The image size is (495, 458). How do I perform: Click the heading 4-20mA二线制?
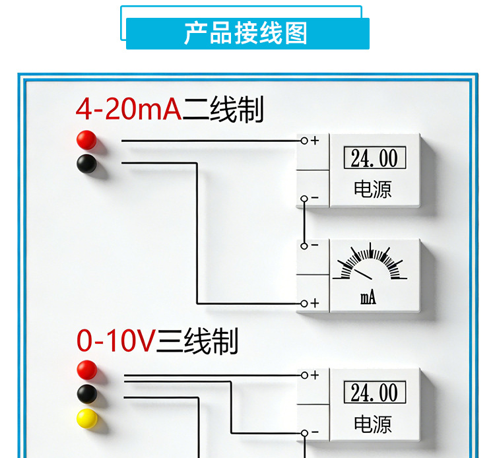pos(170,110)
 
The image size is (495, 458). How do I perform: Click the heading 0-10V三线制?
pos(157,342)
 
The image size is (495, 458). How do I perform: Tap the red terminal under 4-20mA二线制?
pos(86,140)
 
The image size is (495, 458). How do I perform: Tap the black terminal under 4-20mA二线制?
pos(86,162)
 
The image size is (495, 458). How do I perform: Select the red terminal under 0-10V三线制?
pos(86,370)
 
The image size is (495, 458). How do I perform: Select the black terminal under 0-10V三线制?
pos(86,394)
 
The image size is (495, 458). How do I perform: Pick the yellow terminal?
pos(86,418)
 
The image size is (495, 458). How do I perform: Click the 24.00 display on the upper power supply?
pos(374,158)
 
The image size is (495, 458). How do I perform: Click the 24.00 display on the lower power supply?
pos(374,393)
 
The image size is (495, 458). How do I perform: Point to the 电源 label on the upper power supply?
pos(373,189)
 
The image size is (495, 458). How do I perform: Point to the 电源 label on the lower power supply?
pos(373,424)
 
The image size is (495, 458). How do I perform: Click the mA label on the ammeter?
pos(368,298)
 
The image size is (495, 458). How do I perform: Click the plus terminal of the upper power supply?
pos(304,141)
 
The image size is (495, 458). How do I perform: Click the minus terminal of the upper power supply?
pos(304,198)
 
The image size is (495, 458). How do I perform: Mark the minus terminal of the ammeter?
pos(304,245)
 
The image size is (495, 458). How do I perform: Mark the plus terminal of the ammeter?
pos(304,303)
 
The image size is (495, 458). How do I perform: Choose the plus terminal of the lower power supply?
pos(304,375)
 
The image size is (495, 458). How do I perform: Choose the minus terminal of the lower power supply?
pos(304,433)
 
